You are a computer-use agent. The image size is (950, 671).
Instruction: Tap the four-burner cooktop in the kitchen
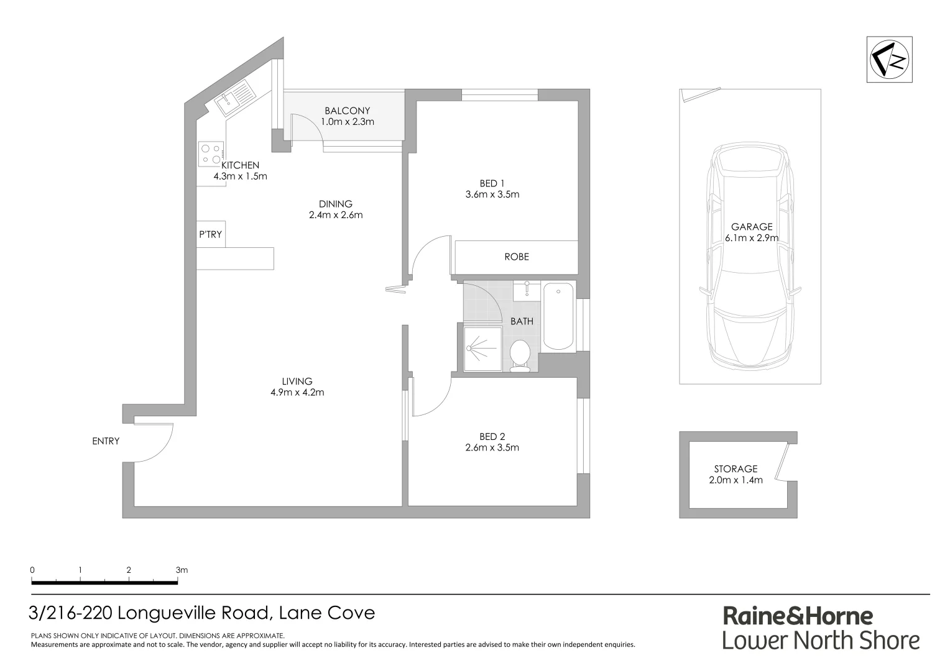[x=211, y=154]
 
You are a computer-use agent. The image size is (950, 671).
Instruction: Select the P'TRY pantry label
[x=210, y=235]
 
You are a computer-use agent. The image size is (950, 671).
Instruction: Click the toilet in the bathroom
[x=519, y=355]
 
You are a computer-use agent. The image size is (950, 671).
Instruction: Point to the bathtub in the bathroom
[x=558, y=317]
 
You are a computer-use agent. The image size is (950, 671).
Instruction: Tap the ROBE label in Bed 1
[x=516, y=257]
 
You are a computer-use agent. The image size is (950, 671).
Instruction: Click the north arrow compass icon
[x=890, y=60]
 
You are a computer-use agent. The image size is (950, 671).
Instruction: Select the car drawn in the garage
[x=750, y=255]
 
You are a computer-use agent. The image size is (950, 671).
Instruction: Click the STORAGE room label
[x=736, y=469]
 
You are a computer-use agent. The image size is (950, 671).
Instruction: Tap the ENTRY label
[x=106, y=441]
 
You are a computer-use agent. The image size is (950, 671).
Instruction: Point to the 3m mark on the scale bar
[x=181, y=570]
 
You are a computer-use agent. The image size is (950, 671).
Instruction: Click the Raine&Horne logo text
[x=798, y=616]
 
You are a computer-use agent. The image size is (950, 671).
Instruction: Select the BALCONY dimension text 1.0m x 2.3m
[x=348, y=122]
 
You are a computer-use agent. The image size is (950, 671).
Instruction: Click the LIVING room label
[x=297, y=381]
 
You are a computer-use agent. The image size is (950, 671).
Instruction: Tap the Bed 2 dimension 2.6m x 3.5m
[x=492, y=447]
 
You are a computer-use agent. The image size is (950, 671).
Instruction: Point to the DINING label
[x=335, y=204]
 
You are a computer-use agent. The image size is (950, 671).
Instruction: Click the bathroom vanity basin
[x=527, y=290]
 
